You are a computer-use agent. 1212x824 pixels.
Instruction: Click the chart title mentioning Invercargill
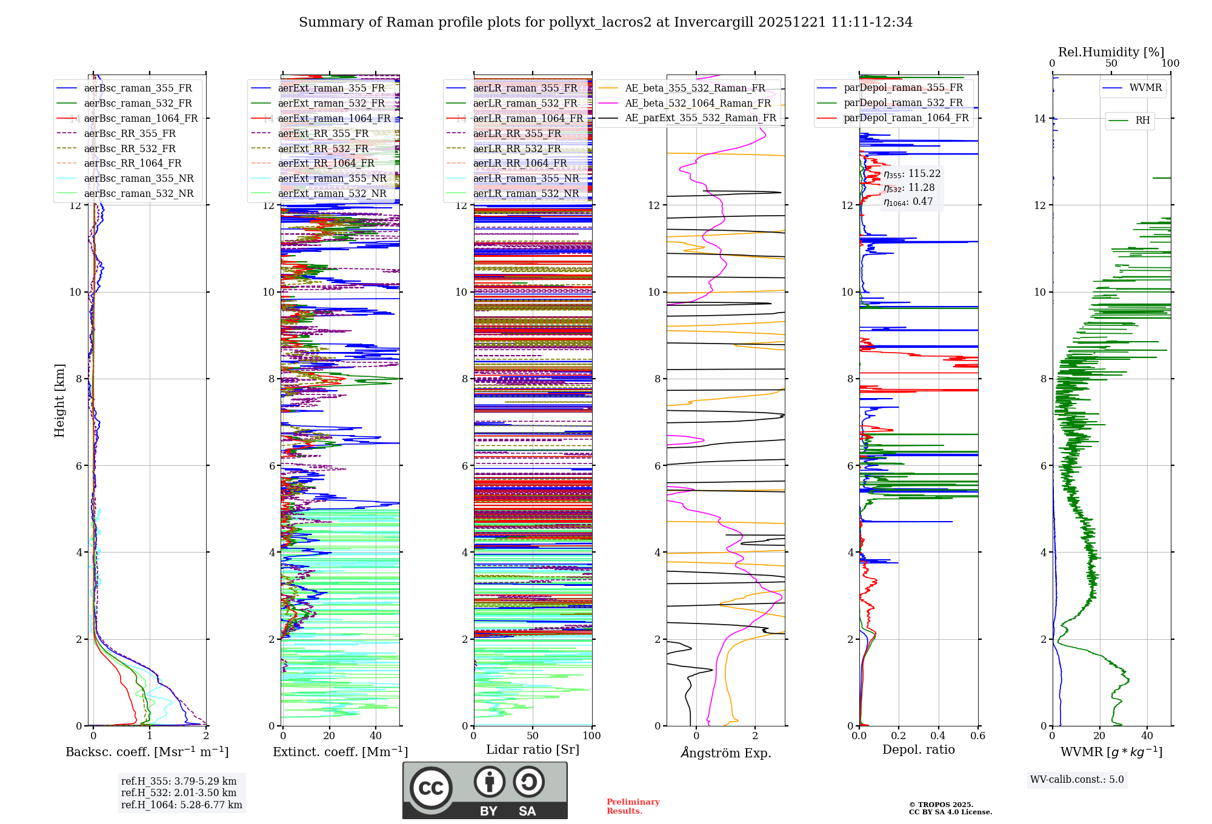[605, 22]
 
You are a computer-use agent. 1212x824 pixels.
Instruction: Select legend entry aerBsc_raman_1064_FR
[141, 118]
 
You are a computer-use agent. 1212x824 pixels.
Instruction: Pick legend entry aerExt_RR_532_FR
[323, 148]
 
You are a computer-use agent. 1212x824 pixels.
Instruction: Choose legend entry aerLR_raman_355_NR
[525, 178]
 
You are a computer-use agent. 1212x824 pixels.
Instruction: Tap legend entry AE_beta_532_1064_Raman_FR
[698, 103]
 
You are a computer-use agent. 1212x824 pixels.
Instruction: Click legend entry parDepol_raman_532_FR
[903, 102]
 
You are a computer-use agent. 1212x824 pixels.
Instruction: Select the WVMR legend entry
[1145, 88]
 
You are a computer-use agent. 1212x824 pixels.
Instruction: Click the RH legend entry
[1142, 121]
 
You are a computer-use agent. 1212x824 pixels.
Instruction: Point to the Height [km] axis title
[59, 400]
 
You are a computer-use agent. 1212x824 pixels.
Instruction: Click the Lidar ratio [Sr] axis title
[533, 749]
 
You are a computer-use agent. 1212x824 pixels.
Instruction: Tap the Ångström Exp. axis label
[725, 753]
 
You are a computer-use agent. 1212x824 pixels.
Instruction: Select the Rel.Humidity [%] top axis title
[1111, 52]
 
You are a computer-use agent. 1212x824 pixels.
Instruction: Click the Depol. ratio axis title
[918, 749]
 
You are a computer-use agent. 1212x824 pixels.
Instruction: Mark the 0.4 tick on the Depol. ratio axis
[938, 736]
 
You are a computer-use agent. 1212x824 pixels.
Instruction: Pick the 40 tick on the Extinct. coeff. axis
[376, 736]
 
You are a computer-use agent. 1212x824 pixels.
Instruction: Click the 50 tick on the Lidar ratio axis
[533, 736]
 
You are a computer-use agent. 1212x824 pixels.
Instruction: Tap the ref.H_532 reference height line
[179, 792]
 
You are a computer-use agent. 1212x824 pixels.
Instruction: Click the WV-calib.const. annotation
[1077, 779]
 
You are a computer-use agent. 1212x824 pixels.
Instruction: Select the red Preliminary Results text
[633, 806]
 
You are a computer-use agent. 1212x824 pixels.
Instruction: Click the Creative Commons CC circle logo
[431, 788]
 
